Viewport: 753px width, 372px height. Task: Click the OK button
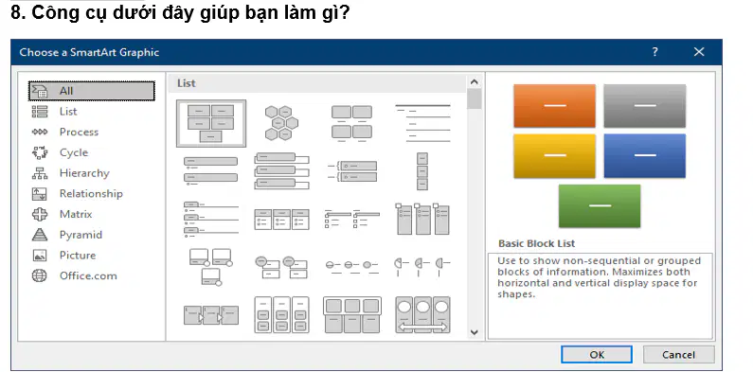point(597,355)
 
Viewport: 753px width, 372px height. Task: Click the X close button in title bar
point(699,52)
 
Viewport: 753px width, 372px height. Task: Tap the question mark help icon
point(654,52)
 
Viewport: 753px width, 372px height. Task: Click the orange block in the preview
point(555,106)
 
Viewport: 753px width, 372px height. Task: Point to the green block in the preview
point(600,206)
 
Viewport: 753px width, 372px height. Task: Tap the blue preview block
point(644,155)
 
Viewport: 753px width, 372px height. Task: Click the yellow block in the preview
point(555,155)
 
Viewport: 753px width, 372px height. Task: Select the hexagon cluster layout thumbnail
point(281,123)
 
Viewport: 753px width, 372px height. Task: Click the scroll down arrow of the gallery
point(474,332)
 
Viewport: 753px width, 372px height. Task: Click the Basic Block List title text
point(536,243)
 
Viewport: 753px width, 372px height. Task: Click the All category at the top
point(92,91)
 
